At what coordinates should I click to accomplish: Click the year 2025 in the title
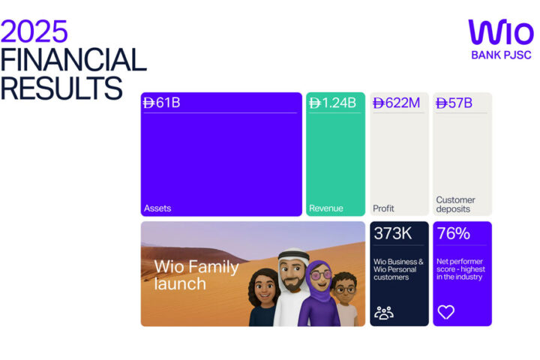coord(34,31)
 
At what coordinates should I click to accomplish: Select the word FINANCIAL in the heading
coord(73,60)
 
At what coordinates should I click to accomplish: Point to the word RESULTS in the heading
coord(61,88)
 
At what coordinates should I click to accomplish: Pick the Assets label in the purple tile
coord(157,208)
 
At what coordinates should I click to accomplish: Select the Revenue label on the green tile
coord(326,208)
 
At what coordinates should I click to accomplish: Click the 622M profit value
coord(397,103)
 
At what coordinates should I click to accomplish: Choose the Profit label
coord(383,208)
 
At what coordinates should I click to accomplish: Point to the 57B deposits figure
coord(454,103)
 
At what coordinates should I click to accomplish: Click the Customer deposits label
coord(456,205)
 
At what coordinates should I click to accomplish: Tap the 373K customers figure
coord(393,234)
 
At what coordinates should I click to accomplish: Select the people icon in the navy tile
coord(384,312)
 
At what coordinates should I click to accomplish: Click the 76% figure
coord(453,234)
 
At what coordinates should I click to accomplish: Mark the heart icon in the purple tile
coord(446,312)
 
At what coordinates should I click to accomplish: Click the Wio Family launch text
coord(196,275)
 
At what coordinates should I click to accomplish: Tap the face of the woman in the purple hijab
coord(318,277)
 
